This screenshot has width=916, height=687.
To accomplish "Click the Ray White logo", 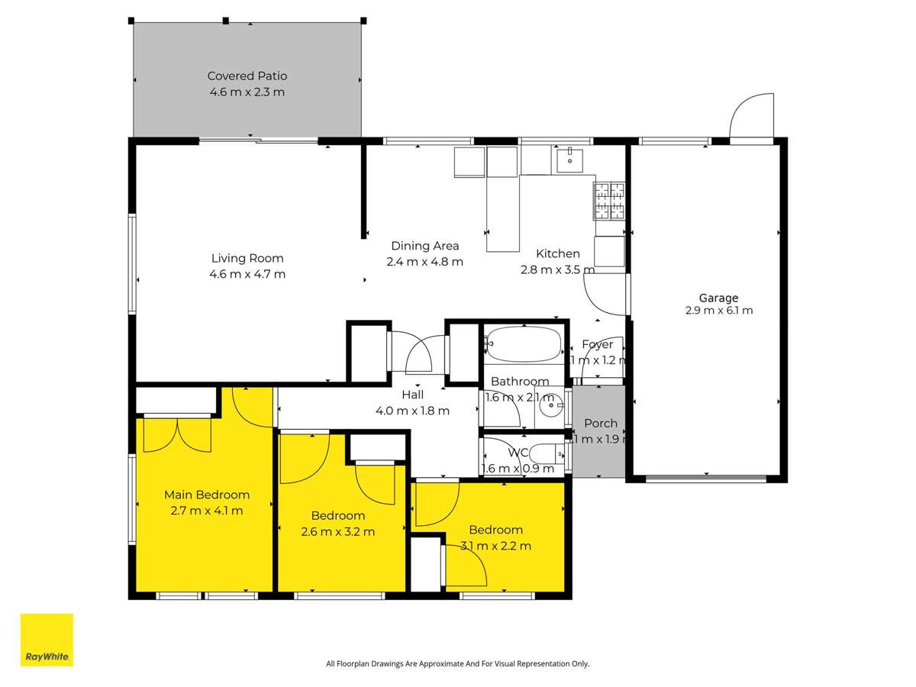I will click(47, 640).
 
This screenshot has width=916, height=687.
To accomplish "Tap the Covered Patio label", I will click(247, 76).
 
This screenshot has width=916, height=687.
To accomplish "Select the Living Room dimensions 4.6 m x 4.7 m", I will click(247, 274).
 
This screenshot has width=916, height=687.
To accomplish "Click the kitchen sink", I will click(569, 161).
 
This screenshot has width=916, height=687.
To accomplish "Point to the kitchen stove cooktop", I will click(609, 200).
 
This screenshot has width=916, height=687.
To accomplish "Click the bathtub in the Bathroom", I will click(524, 345).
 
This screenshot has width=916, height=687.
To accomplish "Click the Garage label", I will click(718, 298).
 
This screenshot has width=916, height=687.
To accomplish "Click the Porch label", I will click(600, 424).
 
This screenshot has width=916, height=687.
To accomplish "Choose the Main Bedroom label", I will click(207, 495).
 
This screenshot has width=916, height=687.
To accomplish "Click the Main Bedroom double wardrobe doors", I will click(177, 435).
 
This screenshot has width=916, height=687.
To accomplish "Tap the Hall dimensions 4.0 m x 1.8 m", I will click(412, 411).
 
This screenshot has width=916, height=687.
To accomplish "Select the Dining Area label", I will click(425, 246).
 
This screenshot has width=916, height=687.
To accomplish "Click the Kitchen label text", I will click(558, 253).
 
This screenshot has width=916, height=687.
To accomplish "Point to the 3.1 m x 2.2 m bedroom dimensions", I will click(495, 546).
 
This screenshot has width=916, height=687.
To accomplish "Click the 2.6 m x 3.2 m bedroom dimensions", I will click(338, 531).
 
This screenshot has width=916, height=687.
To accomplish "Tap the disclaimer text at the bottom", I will click(457, 664).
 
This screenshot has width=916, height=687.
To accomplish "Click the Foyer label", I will click(597, 344).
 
